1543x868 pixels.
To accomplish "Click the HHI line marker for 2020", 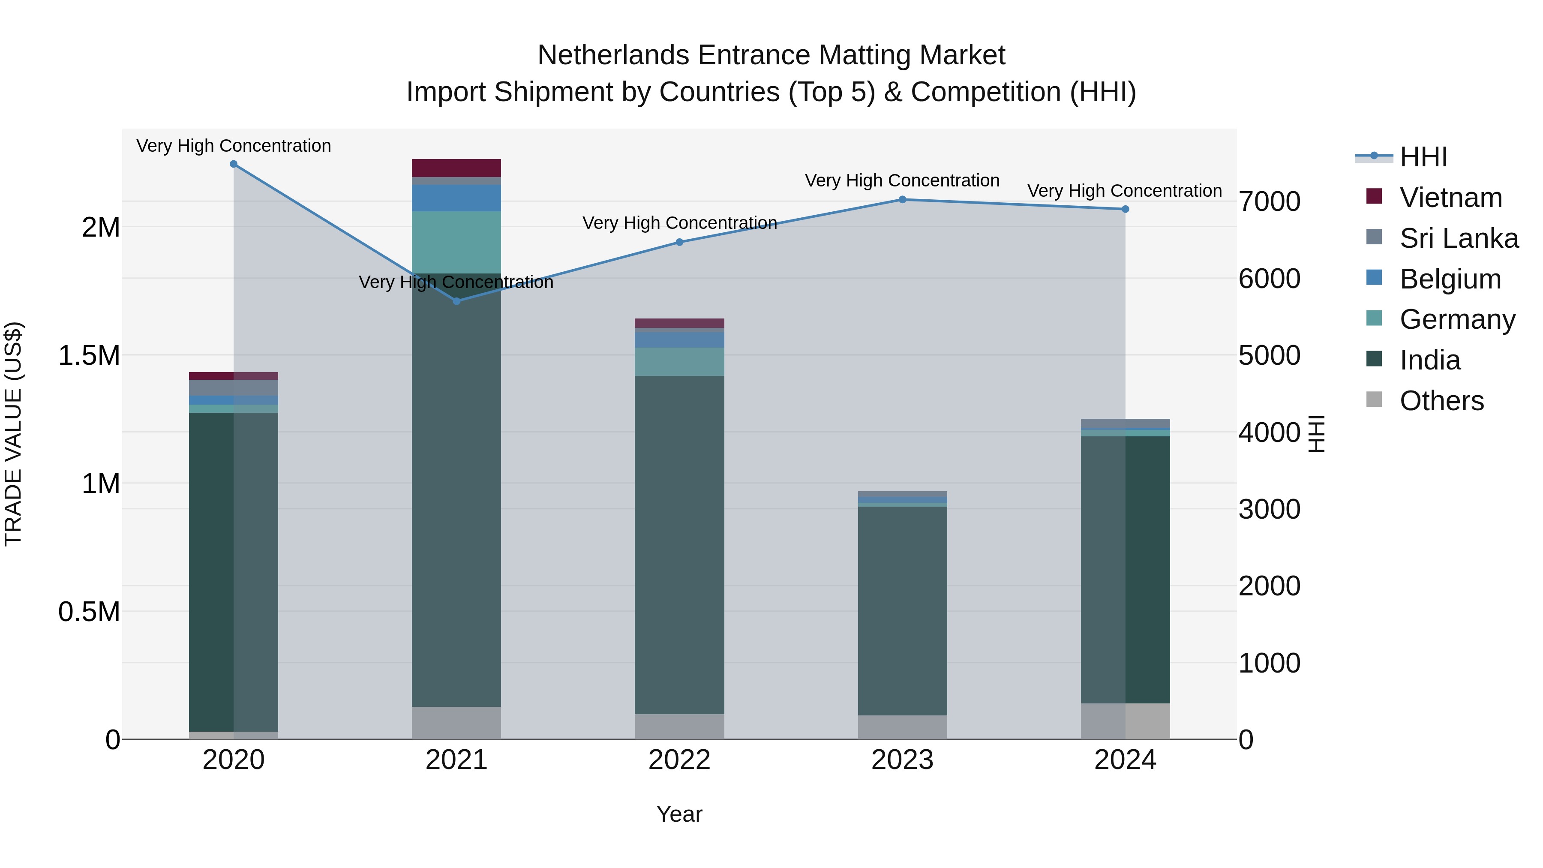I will click(x=234, y=164).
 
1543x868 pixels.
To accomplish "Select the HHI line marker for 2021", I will click(x=456, y=301).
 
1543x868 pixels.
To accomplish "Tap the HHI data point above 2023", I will click(x=902, y=199).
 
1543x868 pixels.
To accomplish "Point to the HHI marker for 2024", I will click(x=1125, y=209).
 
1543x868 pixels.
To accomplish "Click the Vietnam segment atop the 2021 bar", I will click(x=456, y=168).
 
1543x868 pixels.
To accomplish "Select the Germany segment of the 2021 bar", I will click(x=456, y=242).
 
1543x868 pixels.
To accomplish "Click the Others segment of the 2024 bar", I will click(x=1125, y=721).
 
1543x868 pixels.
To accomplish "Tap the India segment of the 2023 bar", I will click(x=902, y=611).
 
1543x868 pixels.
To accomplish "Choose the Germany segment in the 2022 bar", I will click(x=679, y=362).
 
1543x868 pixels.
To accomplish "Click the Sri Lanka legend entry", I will click(x=1458, y=238).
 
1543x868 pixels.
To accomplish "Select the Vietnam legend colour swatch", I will click(x=1374, y=196).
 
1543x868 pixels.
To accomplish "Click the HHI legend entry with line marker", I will click(x=1402, y=157).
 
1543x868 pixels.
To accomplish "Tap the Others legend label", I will click(x=1441, y=401).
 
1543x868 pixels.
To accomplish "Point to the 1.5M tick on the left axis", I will click(x=89, y=356).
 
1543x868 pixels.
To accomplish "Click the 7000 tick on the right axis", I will click(x=1269, y=201).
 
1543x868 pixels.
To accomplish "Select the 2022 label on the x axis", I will click(x=679, y=760).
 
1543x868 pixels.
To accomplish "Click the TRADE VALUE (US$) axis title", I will click(x=13, y=434).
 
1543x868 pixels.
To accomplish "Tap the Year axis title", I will click(x=679, y=814).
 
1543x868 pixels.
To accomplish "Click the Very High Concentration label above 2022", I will click(x=679, y=223).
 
